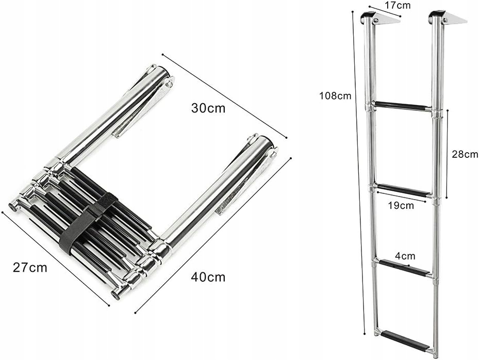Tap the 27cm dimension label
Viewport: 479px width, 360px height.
coord(30,268)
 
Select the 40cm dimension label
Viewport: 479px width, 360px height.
coord(208,277)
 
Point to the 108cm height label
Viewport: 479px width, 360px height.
coord(335,95)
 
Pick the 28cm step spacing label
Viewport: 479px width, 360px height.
coord(464,154)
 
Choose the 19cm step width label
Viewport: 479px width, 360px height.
coord(400,205)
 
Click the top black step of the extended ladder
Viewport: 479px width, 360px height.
coord(402,106)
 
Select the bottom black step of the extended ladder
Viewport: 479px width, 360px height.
coord(405,340)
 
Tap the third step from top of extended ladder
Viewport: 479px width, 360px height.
coord(405,267)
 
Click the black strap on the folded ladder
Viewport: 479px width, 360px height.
coord(88,222)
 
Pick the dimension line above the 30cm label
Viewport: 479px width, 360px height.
coord(224,96)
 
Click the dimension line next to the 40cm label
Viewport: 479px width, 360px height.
coord(213,235)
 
